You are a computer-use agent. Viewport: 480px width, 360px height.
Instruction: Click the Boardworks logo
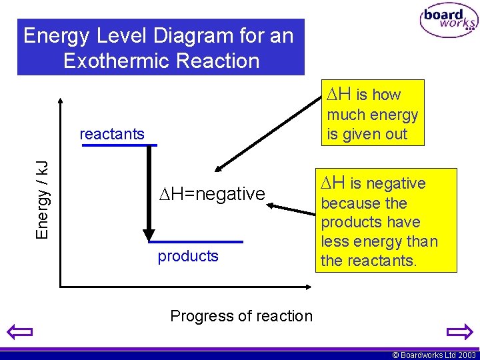(448, 21)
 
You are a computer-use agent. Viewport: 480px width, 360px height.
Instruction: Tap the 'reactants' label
(111, 134)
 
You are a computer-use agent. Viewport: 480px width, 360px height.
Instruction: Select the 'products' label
(188, 257)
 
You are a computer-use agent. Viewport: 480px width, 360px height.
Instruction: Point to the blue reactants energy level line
(119, 145)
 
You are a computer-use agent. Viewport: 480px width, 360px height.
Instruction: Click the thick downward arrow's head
(149, 235)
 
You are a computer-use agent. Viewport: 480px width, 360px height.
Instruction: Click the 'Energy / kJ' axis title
(42, 199)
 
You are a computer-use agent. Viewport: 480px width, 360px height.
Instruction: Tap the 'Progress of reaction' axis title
(241, 316)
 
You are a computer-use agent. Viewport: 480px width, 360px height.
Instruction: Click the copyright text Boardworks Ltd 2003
(434, 355)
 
